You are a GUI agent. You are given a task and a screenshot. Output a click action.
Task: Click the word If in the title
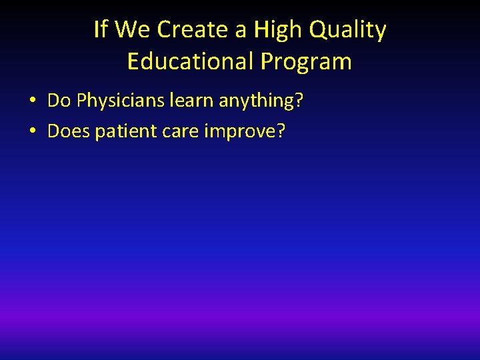tap(100, 30)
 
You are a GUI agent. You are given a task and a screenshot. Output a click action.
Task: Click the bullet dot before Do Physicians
tap(32, 101)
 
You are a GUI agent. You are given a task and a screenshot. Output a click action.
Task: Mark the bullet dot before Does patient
tap(32, 132)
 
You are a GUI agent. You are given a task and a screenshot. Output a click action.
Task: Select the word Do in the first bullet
tap(59, 101)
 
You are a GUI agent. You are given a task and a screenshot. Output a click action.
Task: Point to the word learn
tap(192, 101)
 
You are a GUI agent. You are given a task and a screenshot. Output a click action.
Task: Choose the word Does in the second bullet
tap(69, 131)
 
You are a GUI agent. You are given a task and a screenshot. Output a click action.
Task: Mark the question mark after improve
tap(280, 131)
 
